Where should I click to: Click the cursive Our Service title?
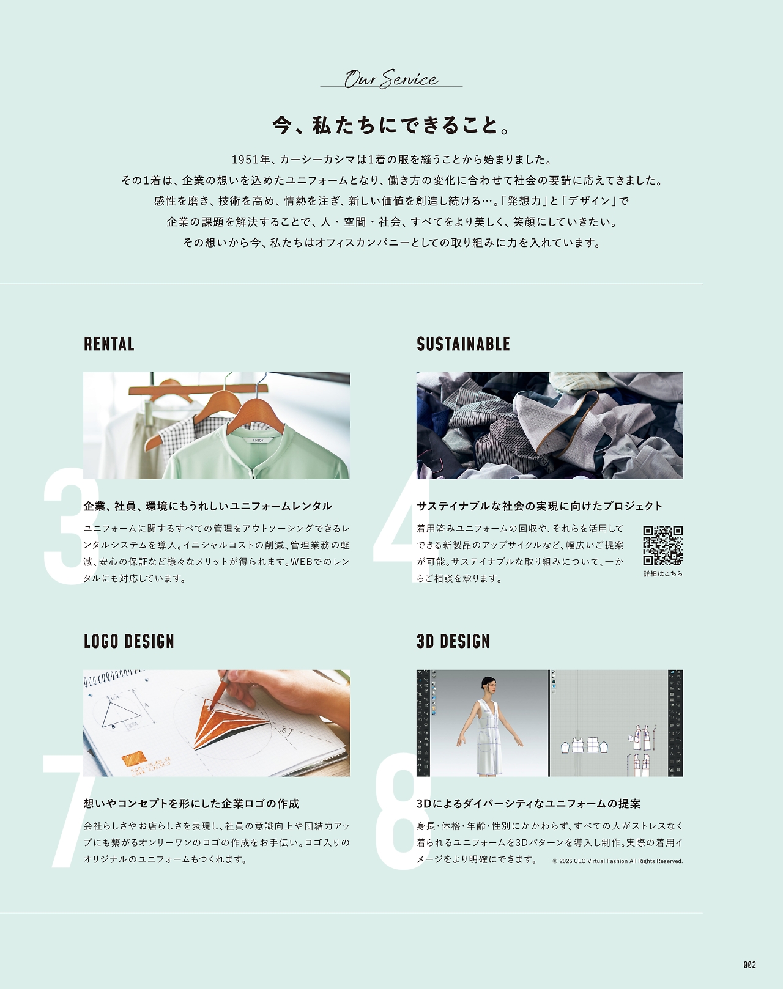click(x=391, y=79)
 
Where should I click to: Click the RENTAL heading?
click(x=109, y=344)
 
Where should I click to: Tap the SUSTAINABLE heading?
click(x=463, y=344)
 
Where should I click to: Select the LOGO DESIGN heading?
click(x=129, y=642)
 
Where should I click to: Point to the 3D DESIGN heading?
click(x=453, y=642)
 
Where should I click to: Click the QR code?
click(x=662, y=545)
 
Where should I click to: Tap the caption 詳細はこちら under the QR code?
click(x=663, y=573)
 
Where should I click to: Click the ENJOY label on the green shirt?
click(x=258, y=440)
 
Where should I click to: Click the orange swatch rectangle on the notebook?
click(x=133, y=757)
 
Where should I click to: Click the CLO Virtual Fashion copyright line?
click(x=617, y=861)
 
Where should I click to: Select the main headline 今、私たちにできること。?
click(x=391, y=125)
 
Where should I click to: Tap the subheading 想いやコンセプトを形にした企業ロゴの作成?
click(x=191, y=803)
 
